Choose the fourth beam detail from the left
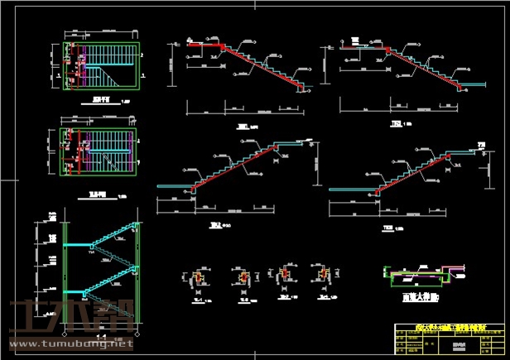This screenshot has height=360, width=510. click(322, 276)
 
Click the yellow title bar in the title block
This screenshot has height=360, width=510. click(448, 328)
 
